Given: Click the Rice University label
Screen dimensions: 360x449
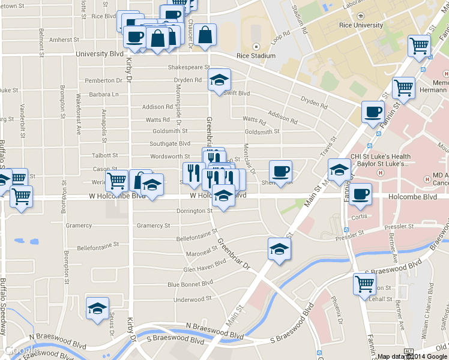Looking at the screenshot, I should coord(360,25).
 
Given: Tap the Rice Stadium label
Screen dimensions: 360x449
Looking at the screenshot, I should coord(256,56).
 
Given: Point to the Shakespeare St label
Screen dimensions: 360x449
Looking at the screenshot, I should coord(188,67).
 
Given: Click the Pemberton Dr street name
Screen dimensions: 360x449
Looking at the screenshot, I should coord(103,80).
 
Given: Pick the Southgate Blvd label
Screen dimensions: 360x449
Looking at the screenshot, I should coord(170,143).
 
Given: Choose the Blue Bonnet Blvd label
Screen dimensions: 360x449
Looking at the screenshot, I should coord(190,283).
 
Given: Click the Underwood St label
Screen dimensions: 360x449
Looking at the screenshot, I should coord(192,299).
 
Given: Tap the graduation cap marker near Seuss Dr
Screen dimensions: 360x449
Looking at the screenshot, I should coord(97,308).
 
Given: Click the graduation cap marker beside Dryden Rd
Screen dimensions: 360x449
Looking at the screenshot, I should coord(219,80).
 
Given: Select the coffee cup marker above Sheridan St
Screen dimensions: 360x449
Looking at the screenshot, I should coord(280,172).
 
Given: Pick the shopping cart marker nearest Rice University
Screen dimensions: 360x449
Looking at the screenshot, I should coord(418,46).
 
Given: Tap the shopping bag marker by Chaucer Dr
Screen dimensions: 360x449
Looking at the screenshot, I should coord(205,37).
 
